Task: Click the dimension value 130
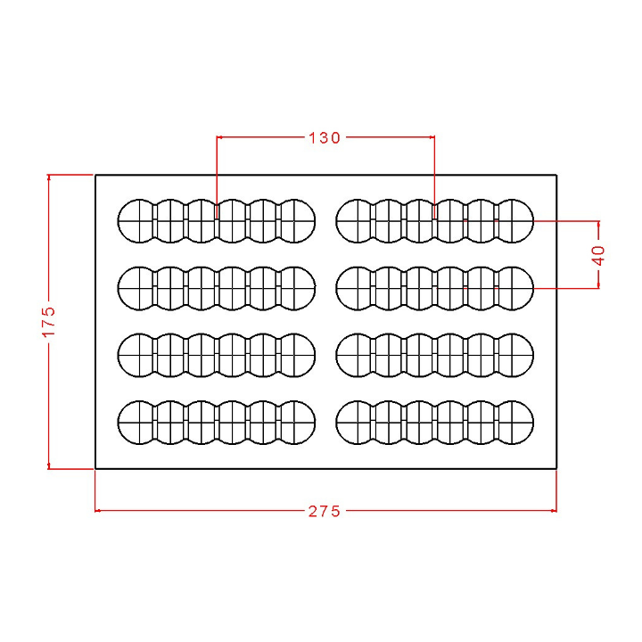(325, 138)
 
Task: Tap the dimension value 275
(325, 511)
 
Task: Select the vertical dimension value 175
(49, 322)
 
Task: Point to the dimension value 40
(599, 254)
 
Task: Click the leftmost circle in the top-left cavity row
(136, 220)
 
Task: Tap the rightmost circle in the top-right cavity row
(514, 220)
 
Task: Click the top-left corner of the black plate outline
(95, 175)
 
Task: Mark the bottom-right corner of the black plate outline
(556, 467)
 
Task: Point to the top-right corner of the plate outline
(556, 175)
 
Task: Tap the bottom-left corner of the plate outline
(95, 467)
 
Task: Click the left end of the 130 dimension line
(218, 137)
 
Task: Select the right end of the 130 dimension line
(433, 137)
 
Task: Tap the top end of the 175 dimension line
(49, 175)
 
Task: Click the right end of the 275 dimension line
(556, 511)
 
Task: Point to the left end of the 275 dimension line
(95, 511)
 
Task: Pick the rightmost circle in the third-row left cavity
(298, 354)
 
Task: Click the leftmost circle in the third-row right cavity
(355, 354)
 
